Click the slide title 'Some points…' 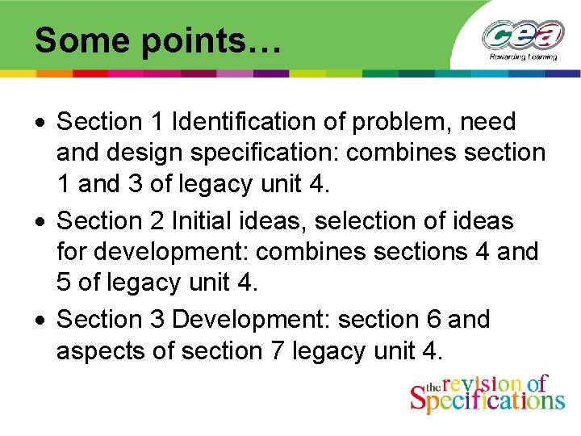[x=158, y=40]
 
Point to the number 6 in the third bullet [x=433, y=320]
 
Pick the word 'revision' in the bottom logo [x=483, y=384]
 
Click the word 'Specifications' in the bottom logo [x=487, y=400]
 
